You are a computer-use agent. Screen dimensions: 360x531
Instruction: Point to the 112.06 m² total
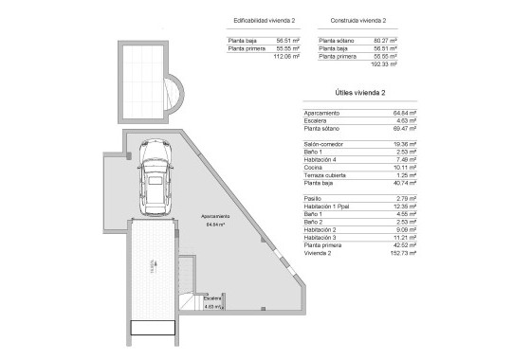click(x=287, y=57)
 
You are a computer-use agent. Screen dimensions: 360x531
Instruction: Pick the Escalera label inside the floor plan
click(x=212, y=298)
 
